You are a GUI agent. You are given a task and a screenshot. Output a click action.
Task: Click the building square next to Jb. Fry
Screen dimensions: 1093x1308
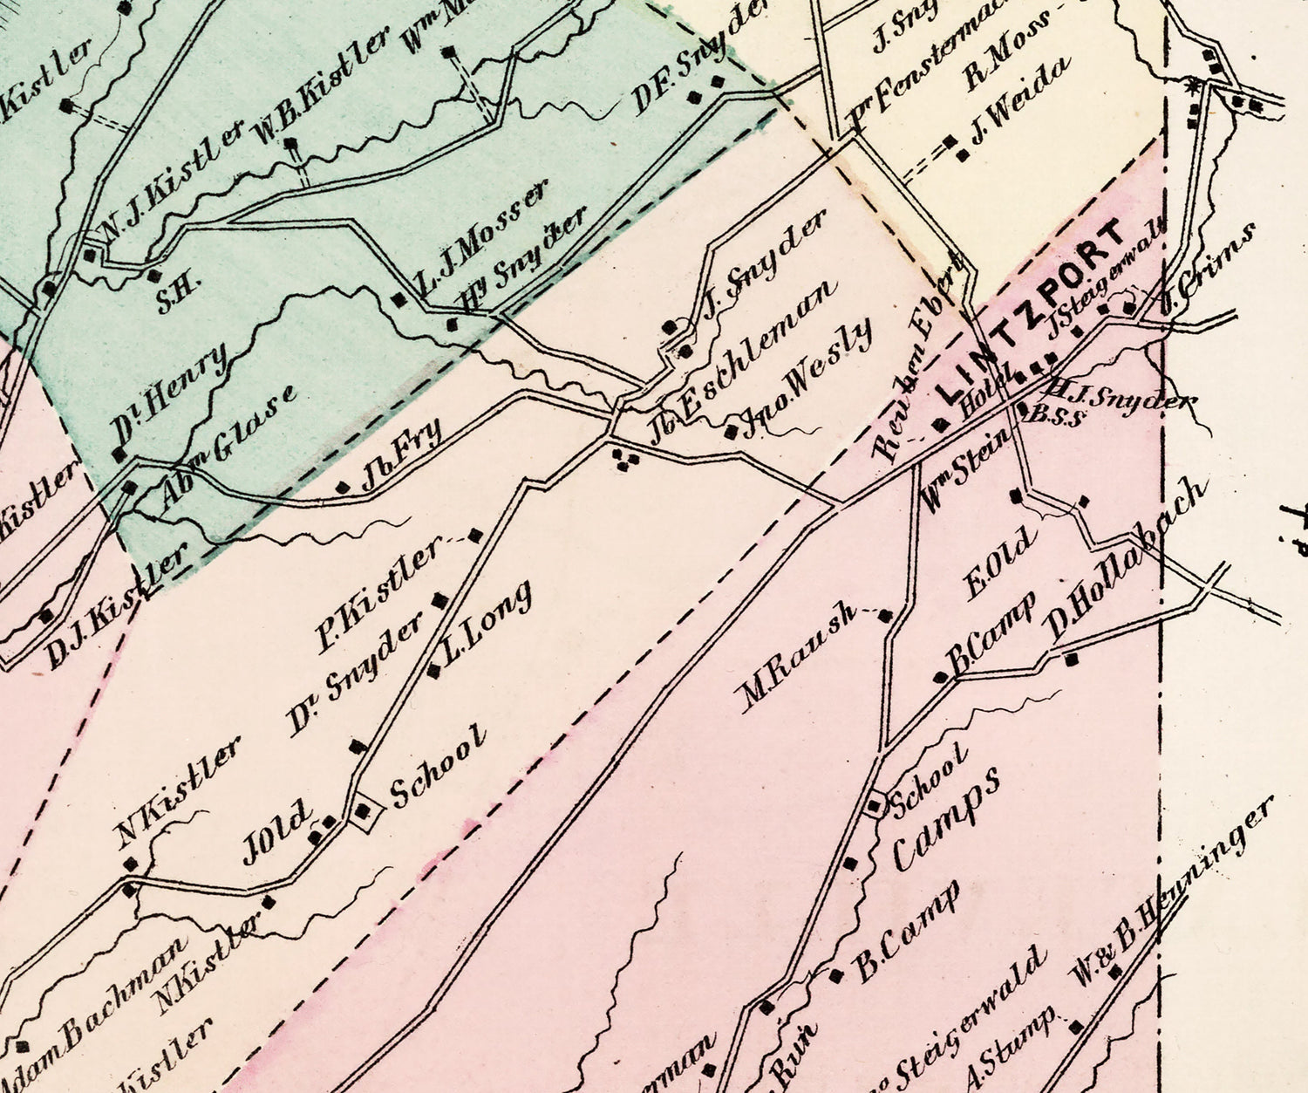pyautogui.click(x=343, y=488)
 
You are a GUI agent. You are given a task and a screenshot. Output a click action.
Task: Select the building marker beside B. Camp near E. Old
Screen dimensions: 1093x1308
pyautogui.click(x=940, y=677)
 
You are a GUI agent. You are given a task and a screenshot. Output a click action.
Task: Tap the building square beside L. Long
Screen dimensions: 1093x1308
pyautogui.click(x=433, y=670)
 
